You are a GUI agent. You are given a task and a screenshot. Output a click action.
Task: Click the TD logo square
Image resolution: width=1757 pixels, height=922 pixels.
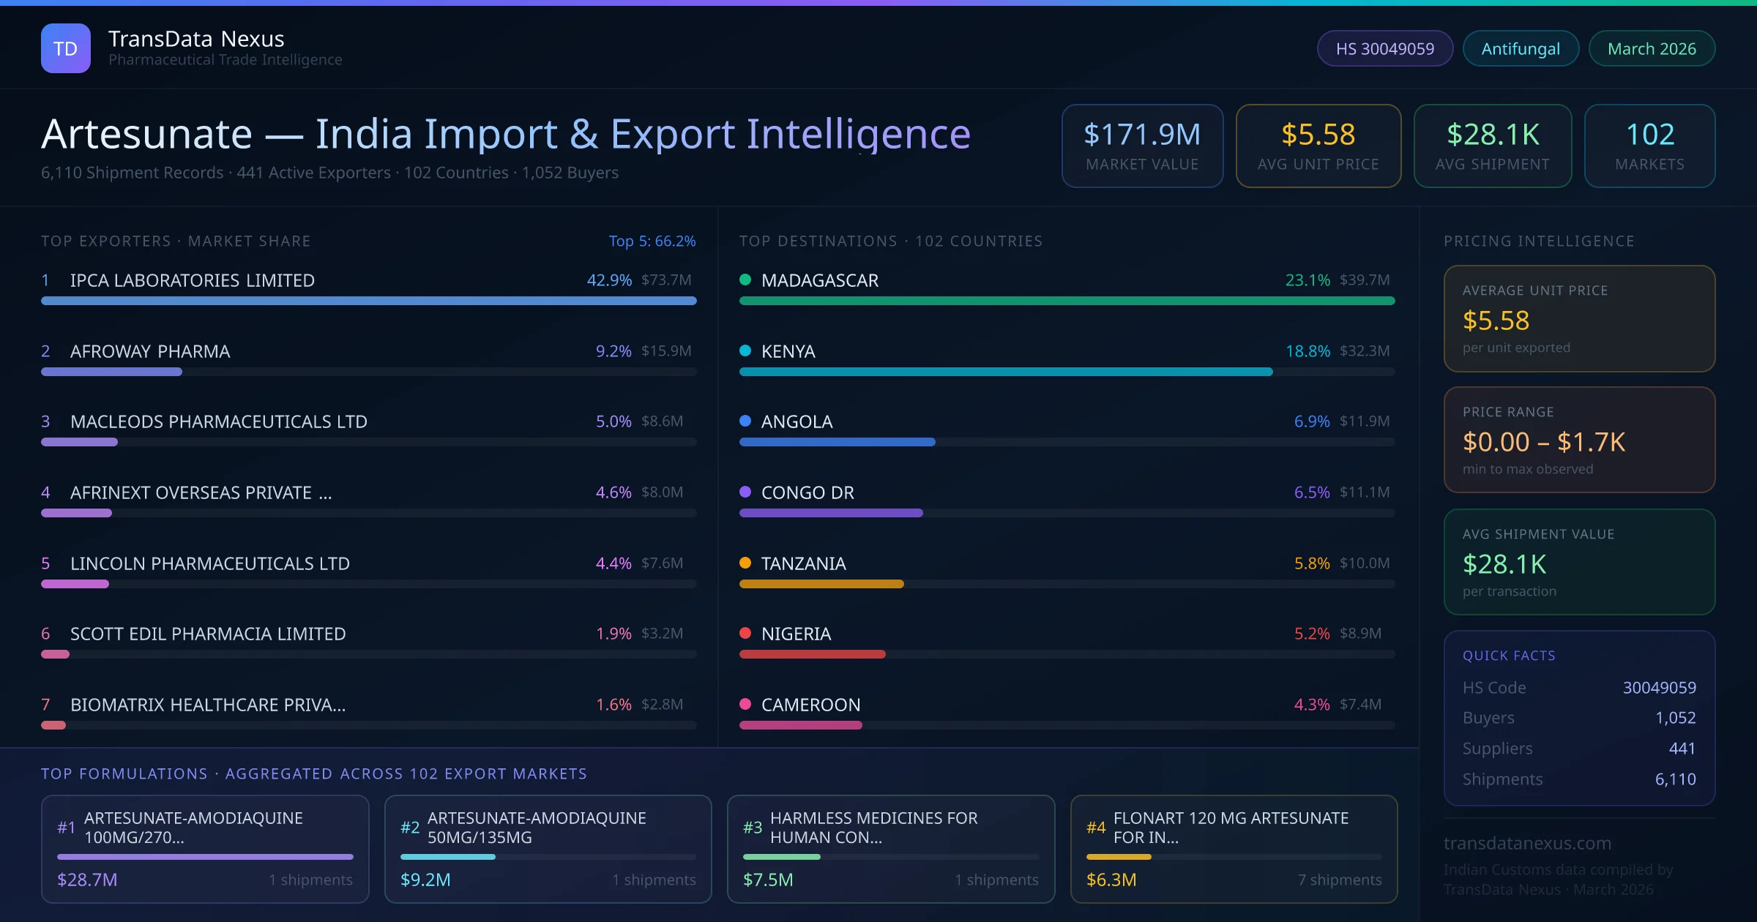click(x=65, y=48)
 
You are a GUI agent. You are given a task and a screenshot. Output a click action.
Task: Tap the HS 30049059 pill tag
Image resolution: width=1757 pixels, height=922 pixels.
click(x=1384, y=48)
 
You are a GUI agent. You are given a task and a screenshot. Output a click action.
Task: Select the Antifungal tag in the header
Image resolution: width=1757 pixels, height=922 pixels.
click(x=1521, y=48)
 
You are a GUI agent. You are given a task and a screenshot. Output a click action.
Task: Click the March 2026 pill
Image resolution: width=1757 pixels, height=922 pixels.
click(x=1652, y=48)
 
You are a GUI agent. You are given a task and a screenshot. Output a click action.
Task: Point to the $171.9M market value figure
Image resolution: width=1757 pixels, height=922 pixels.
click(x=1142, y=135)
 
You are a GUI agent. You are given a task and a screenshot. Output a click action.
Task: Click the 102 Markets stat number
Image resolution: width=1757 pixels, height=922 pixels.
click(x=1649, y=135)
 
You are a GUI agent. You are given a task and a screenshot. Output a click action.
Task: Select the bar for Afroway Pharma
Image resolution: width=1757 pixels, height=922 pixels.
click(x=111, y=372)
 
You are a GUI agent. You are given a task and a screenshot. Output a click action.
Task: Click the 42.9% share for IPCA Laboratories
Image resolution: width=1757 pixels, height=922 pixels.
click(x=609, y=280)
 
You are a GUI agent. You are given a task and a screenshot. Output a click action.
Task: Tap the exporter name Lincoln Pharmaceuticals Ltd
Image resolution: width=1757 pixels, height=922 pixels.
click(x=209, y=563)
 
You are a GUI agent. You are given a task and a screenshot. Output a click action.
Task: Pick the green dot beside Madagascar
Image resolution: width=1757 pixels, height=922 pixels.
click(x=745, y=280)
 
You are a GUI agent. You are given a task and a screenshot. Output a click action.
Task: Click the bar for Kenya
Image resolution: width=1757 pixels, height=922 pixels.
click(x=1005, y=372)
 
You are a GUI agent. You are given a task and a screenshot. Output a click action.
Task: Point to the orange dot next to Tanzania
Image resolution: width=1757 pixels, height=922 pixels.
click(x=745, y=563)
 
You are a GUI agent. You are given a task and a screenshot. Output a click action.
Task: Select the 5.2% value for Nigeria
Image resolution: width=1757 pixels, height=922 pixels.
click(x=1311, y=634)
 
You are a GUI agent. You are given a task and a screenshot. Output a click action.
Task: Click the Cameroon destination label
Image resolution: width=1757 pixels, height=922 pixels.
click(x=810, y=705)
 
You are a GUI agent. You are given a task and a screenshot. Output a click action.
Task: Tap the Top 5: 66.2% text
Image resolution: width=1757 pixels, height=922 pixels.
click(x=652, y=241)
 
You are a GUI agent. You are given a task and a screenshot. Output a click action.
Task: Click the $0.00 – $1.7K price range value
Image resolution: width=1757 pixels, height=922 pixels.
click(x=1543, y=442)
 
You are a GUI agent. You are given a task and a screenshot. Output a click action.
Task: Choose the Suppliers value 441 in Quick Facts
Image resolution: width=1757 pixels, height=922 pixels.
click(x=1682, y=748)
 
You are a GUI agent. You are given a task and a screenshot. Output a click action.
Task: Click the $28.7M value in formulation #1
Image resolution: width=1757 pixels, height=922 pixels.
click(x=87, y=880)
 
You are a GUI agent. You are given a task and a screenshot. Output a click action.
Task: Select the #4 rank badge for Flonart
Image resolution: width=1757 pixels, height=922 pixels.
click(x=1096, y=828)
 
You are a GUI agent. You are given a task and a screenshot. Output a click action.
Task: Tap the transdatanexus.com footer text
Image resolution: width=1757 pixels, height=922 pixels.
click(x=1527, y=843)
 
